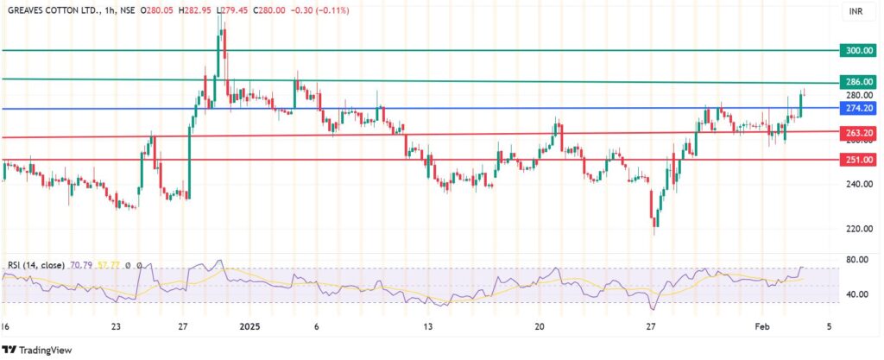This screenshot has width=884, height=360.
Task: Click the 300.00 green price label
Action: point(860,51)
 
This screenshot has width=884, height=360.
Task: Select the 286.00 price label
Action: point(860,81)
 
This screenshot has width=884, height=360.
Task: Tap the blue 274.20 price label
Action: point(860,109)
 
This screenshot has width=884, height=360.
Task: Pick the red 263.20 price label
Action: point(860,132)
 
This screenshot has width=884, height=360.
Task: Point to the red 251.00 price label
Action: point(860,160)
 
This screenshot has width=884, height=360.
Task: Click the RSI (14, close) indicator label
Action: point(35,265)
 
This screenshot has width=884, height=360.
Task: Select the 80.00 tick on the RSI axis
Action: point(857,259)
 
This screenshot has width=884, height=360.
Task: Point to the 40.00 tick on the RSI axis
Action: point(857,294)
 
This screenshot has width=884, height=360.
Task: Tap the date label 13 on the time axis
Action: point(429,327)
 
